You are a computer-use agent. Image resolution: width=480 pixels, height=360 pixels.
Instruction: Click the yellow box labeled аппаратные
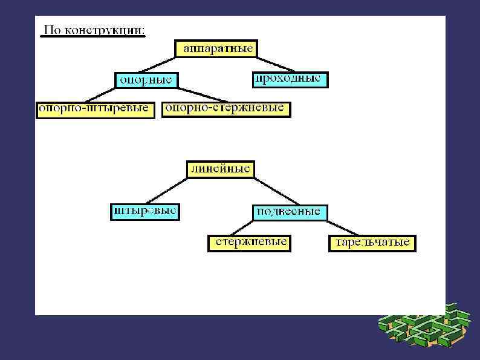[216, 49]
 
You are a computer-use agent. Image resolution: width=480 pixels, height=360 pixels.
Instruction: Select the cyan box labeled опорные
[146, 79]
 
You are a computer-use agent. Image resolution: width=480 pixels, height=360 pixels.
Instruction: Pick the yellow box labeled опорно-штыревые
[95, 110]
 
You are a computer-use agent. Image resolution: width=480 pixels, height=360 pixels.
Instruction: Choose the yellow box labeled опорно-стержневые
[227, 109]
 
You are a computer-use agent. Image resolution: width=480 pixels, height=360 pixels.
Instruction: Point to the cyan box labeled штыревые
[145, 212]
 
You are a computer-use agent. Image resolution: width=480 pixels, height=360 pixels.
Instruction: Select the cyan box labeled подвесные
[289, 212]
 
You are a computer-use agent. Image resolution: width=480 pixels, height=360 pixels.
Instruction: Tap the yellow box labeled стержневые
[248, 243]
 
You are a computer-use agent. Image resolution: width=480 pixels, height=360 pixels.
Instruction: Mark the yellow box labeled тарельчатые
[372, 243]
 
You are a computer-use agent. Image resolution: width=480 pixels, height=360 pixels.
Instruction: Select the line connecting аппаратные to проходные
[276, 65]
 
